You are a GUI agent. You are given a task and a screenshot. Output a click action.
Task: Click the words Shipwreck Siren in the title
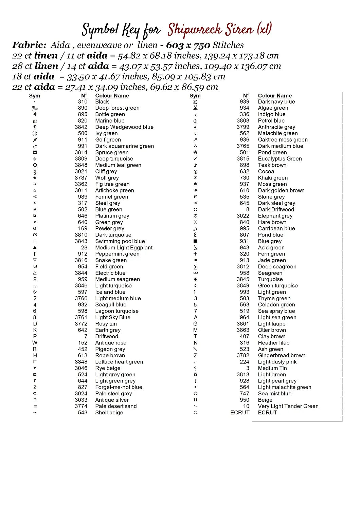coord(211,30)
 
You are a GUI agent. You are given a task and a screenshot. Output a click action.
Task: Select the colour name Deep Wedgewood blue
coord(124,127)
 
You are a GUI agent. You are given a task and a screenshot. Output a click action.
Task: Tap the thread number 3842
coord(81,127)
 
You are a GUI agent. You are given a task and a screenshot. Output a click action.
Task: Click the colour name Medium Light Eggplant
coord(124,248)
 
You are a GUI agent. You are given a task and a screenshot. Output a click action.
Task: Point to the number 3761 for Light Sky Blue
coord(81,317)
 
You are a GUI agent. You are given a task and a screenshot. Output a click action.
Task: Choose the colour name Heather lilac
coord(274,343)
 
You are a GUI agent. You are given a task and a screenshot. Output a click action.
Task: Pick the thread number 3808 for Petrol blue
coord(243,120)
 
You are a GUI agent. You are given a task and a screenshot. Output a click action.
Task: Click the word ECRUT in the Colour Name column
coord(268,413)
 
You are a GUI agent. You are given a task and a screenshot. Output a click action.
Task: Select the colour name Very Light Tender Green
coord(288,406)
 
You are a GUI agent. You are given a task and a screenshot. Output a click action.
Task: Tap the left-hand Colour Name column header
coord(112,96)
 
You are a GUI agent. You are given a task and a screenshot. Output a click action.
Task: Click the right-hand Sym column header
coord(195,96)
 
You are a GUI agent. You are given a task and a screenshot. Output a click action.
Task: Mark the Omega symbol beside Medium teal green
coord(35,165)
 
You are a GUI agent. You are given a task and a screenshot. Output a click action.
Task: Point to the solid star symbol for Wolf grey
coord(35,178)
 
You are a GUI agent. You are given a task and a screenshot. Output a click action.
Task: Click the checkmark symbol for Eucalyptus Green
coord(195,158)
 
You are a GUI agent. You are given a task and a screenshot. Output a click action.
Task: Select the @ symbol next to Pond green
coord(195,152)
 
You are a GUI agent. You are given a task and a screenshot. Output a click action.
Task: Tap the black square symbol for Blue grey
coord(195,241)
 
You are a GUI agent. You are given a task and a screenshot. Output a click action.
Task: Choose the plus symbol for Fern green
coord(195,254)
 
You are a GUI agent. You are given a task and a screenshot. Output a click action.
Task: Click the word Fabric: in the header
coord(30,45)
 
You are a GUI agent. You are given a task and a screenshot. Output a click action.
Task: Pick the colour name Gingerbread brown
coord(282,355)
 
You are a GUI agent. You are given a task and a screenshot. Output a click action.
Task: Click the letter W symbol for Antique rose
coord(35,343)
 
